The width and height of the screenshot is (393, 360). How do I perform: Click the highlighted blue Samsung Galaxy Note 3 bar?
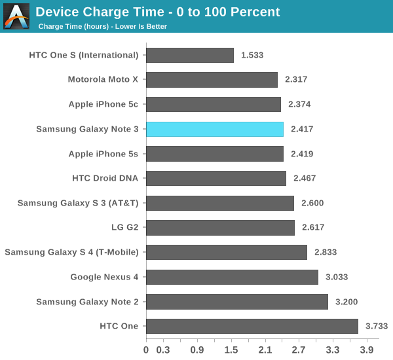click(x=215, y=129)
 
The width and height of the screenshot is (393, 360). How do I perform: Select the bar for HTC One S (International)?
click(x=190, y=55)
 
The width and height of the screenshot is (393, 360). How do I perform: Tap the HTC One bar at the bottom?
click(x=252, y=326)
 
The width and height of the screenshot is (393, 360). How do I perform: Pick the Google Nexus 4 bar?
click(x=232, y=277)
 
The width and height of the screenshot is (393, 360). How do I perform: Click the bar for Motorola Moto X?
click(x=212, y=80)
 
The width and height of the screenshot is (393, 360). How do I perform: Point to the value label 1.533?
click(x=252, y=55)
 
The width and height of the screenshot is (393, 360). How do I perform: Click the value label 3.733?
click(x=377, y=326)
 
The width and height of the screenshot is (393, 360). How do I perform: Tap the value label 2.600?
click(x=312, y=203)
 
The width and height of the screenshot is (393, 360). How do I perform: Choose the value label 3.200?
click(x=346, y=302)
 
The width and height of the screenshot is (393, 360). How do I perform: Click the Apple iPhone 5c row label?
click(x=103, y=104)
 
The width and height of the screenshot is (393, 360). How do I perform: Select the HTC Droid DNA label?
click(x=105, y=178)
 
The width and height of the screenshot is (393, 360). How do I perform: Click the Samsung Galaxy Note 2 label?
click(x=87, y=302)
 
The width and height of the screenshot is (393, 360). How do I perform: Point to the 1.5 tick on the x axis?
click(x=231, y=350)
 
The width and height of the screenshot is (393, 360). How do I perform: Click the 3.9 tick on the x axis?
click(x=367, y=350)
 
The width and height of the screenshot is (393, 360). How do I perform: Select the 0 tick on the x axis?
click(x=146, y=350)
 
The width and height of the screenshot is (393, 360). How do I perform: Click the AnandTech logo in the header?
click(x=16, y=16)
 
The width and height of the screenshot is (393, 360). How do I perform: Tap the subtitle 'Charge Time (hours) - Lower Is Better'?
click(x=103, y=27)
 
